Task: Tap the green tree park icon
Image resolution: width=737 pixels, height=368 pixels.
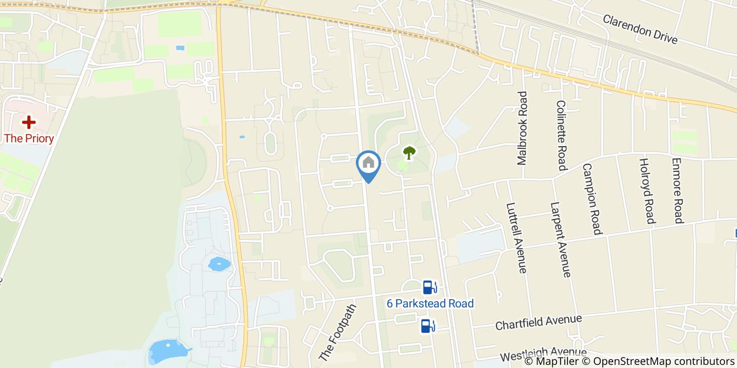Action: click(409, 153)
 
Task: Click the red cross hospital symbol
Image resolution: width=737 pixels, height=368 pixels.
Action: click(28, 122)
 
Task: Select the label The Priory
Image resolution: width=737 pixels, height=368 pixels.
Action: click(29, 139)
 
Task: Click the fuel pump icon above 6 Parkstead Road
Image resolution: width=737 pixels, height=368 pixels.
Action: click(430, 287)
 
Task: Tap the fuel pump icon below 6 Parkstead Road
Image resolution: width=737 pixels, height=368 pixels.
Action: click(427, 326)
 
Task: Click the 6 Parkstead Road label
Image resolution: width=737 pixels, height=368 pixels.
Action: click(430, 303)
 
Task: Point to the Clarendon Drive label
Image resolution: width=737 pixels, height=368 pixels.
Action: click(640, 29)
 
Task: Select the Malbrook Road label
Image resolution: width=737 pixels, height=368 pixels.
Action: click(522, 128)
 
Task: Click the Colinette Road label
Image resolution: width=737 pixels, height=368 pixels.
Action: click(561, 136)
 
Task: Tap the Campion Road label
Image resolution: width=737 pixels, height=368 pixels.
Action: click(592, 199)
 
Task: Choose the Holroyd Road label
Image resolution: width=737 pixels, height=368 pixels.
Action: click(646, 190)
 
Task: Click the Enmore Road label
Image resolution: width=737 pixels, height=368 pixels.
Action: click(678, 190)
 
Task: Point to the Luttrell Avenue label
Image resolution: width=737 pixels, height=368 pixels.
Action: click(516, 238)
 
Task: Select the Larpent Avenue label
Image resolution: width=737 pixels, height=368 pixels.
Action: click(560, 240)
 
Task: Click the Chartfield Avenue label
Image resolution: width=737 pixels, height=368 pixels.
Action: click(539, 322)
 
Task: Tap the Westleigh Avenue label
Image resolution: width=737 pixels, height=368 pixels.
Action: click(543, 354)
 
